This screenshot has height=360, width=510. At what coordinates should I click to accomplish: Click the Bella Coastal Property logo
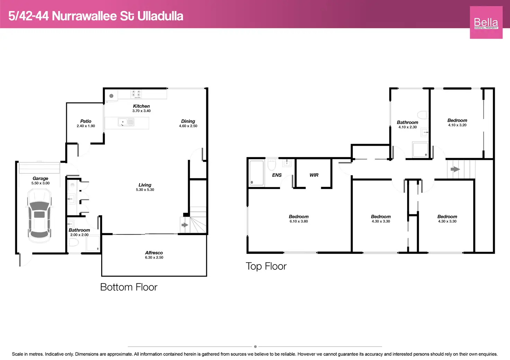(486, 22)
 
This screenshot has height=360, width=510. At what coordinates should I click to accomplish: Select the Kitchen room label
(141, 106)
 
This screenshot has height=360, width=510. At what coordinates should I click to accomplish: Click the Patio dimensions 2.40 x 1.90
(86, 126)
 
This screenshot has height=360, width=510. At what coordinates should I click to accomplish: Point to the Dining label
(188, 121)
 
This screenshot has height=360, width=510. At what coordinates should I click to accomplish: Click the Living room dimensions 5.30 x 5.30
(145, 190)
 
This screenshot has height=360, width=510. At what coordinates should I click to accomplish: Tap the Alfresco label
(154, 253)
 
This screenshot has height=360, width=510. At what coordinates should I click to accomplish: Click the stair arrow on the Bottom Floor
(185, 225)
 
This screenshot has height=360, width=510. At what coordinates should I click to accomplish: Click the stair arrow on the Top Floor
(455, 169)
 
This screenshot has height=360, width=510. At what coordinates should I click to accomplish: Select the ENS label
(277, 175)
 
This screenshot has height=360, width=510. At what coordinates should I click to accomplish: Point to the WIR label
(314, 175)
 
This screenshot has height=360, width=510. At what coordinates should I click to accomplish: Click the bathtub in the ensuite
(257, 173)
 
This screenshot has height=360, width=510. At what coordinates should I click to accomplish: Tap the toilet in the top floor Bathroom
(422, 115)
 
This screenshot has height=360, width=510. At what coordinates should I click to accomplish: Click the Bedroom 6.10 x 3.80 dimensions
(299, 221)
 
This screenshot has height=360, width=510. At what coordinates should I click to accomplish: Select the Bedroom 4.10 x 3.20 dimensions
(457, 125)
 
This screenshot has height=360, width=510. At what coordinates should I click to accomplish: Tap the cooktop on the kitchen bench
(136, 94)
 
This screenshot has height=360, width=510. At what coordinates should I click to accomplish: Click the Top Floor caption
(266, 266)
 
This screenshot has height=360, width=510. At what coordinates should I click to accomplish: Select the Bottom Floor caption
(129, 287)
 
